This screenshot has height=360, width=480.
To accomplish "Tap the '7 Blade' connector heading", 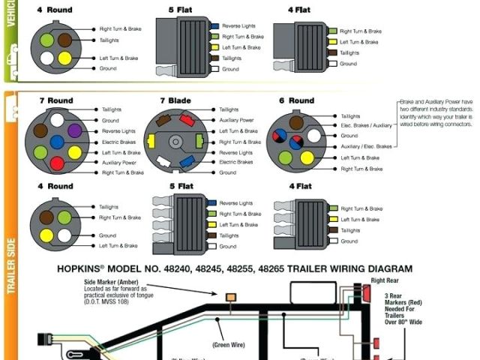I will coord(175,100).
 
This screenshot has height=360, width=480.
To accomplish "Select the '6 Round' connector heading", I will coord(297,100).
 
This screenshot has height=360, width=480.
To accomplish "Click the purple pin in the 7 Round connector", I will coord(74,130).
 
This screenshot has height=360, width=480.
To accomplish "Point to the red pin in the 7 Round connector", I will coord(56,163).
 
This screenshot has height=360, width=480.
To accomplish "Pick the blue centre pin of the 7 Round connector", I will coord(56,141).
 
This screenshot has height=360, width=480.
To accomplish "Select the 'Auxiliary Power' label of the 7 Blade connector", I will coord(236,120).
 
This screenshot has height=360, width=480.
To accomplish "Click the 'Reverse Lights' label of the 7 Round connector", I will coord(119,130).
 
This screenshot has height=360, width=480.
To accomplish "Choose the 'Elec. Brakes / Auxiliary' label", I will coord(367,125).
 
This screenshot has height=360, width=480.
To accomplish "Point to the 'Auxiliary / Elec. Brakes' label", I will coord(367,147).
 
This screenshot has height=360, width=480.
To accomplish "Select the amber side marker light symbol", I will coord(230,298).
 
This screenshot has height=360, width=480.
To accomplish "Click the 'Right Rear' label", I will coord(382,280).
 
